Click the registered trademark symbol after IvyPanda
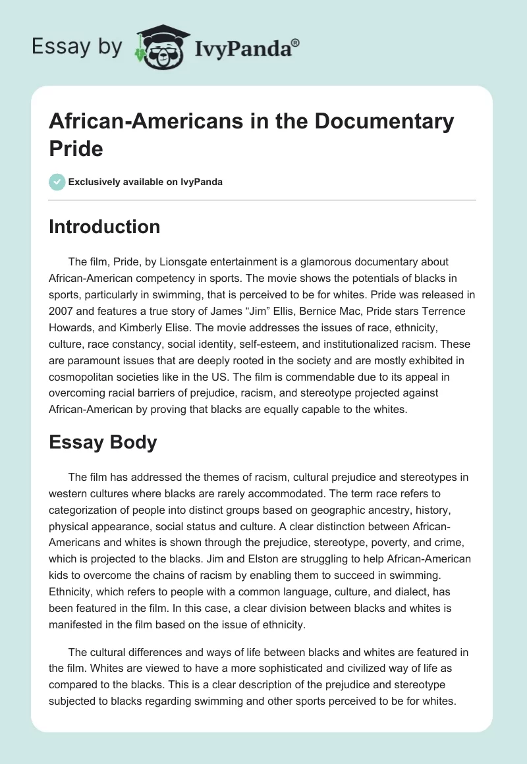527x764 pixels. [296, 43]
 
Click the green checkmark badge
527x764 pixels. [57, 182]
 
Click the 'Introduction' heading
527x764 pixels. [105, 227]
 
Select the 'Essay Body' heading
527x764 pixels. [103, 442]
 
